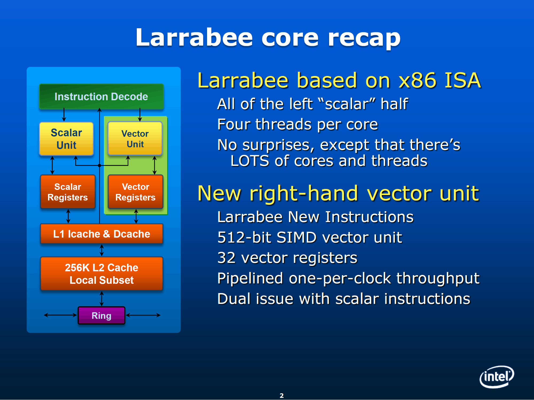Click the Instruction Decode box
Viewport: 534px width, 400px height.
tap(101, 97)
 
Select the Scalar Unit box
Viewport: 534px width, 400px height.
tap(66, 139)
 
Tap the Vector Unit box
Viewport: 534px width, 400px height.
tap(135, 138)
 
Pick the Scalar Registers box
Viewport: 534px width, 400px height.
tap(68, 192)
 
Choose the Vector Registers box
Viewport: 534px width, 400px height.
tap(135, 192)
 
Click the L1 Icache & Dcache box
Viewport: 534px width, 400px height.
tap(102, 234)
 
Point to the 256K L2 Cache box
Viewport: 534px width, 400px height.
tap(102, 274)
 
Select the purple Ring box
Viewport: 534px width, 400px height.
tap(102, 315)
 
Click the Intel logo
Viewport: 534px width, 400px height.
tap(497, 377)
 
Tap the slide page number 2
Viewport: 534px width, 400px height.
tap(282, 395)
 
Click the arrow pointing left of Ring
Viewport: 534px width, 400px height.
tap(61, 315)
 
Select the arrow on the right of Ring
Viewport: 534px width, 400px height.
tap(143, 315)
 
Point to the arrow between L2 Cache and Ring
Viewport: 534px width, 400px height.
tap(102, 299)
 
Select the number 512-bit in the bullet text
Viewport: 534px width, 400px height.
tap(244, 237)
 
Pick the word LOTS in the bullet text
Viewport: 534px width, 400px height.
tap(250, 161)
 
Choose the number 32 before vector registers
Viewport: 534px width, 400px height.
tap(226, 258)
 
